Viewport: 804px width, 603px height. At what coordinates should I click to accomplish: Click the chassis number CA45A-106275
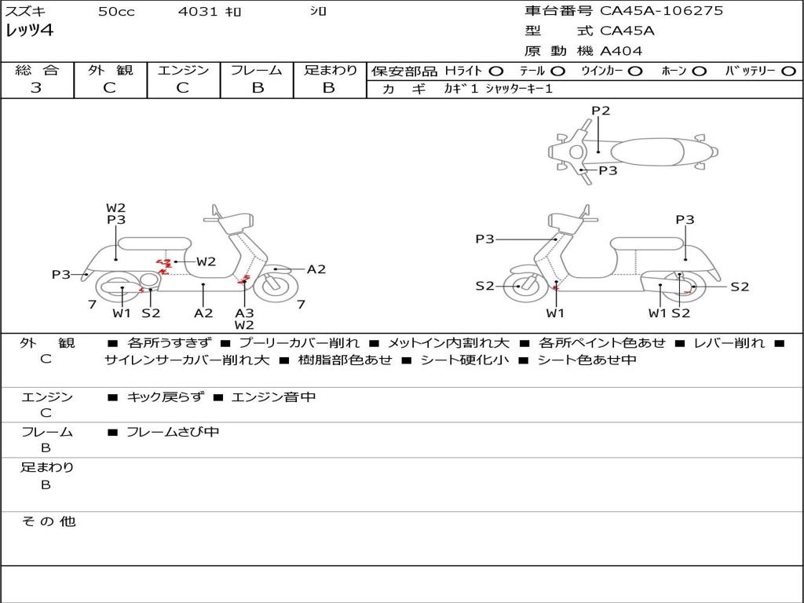pos(661,11)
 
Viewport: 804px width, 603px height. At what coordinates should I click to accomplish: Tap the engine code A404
pos(621,51)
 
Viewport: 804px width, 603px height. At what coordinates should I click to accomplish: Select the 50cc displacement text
pos(116,12)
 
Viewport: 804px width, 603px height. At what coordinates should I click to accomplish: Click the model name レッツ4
pos(30,31)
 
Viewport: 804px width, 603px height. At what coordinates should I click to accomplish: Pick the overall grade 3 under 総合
pos(36,88)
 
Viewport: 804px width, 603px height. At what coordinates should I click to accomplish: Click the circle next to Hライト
pos(496,71)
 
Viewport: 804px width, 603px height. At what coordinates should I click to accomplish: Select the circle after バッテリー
pos(789,71)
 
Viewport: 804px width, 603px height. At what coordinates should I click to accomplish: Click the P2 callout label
pos(601,111)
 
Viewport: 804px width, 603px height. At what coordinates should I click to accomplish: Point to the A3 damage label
pos(244,312)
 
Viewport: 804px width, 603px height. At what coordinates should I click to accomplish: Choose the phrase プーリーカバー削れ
pos(299,343)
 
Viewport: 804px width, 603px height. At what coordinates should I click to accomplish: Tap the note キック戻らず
pos(165,397)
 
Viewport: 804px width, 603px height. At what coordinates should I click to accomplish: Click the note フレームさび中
pos(173,432)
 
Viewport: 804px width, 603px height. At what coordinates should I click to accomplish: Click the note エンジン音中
pos(273,397)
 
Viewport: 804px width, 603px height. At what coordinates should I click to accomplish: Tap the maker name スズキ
pos(25,12)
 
